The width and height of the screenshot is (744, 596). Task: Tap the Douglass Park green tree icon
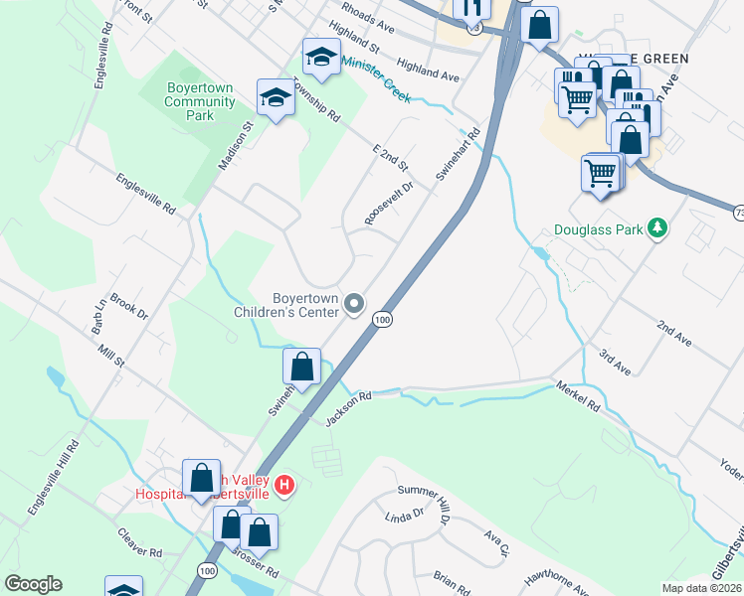pos(656,229)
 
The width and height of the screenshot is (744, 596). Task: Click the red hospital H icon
pos(284,485)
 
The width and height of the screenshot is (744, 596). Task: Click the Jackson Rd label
pos(348,409)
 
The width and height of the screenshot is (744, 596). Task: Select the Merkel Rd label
pos(579,395)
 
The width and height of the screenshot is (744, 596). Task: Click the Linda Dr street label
pos(405,518)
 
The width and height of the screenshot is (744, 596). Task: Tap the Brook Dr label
pos(129,306)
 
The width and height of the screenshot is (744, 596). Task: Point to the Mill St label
pos(110,355)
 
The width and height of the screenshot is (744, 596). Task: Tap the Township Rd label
pos(317,103)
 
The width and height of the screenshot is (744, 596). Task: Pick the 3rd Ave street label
pos(615,361)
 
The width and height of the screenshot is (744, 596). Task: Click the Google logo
pos(33,583)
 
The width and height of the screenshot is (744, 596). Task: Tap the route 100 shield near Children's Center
pos(382,319)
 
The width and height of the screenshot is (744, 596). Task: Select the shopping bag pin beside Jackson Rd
pos(302,367)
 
